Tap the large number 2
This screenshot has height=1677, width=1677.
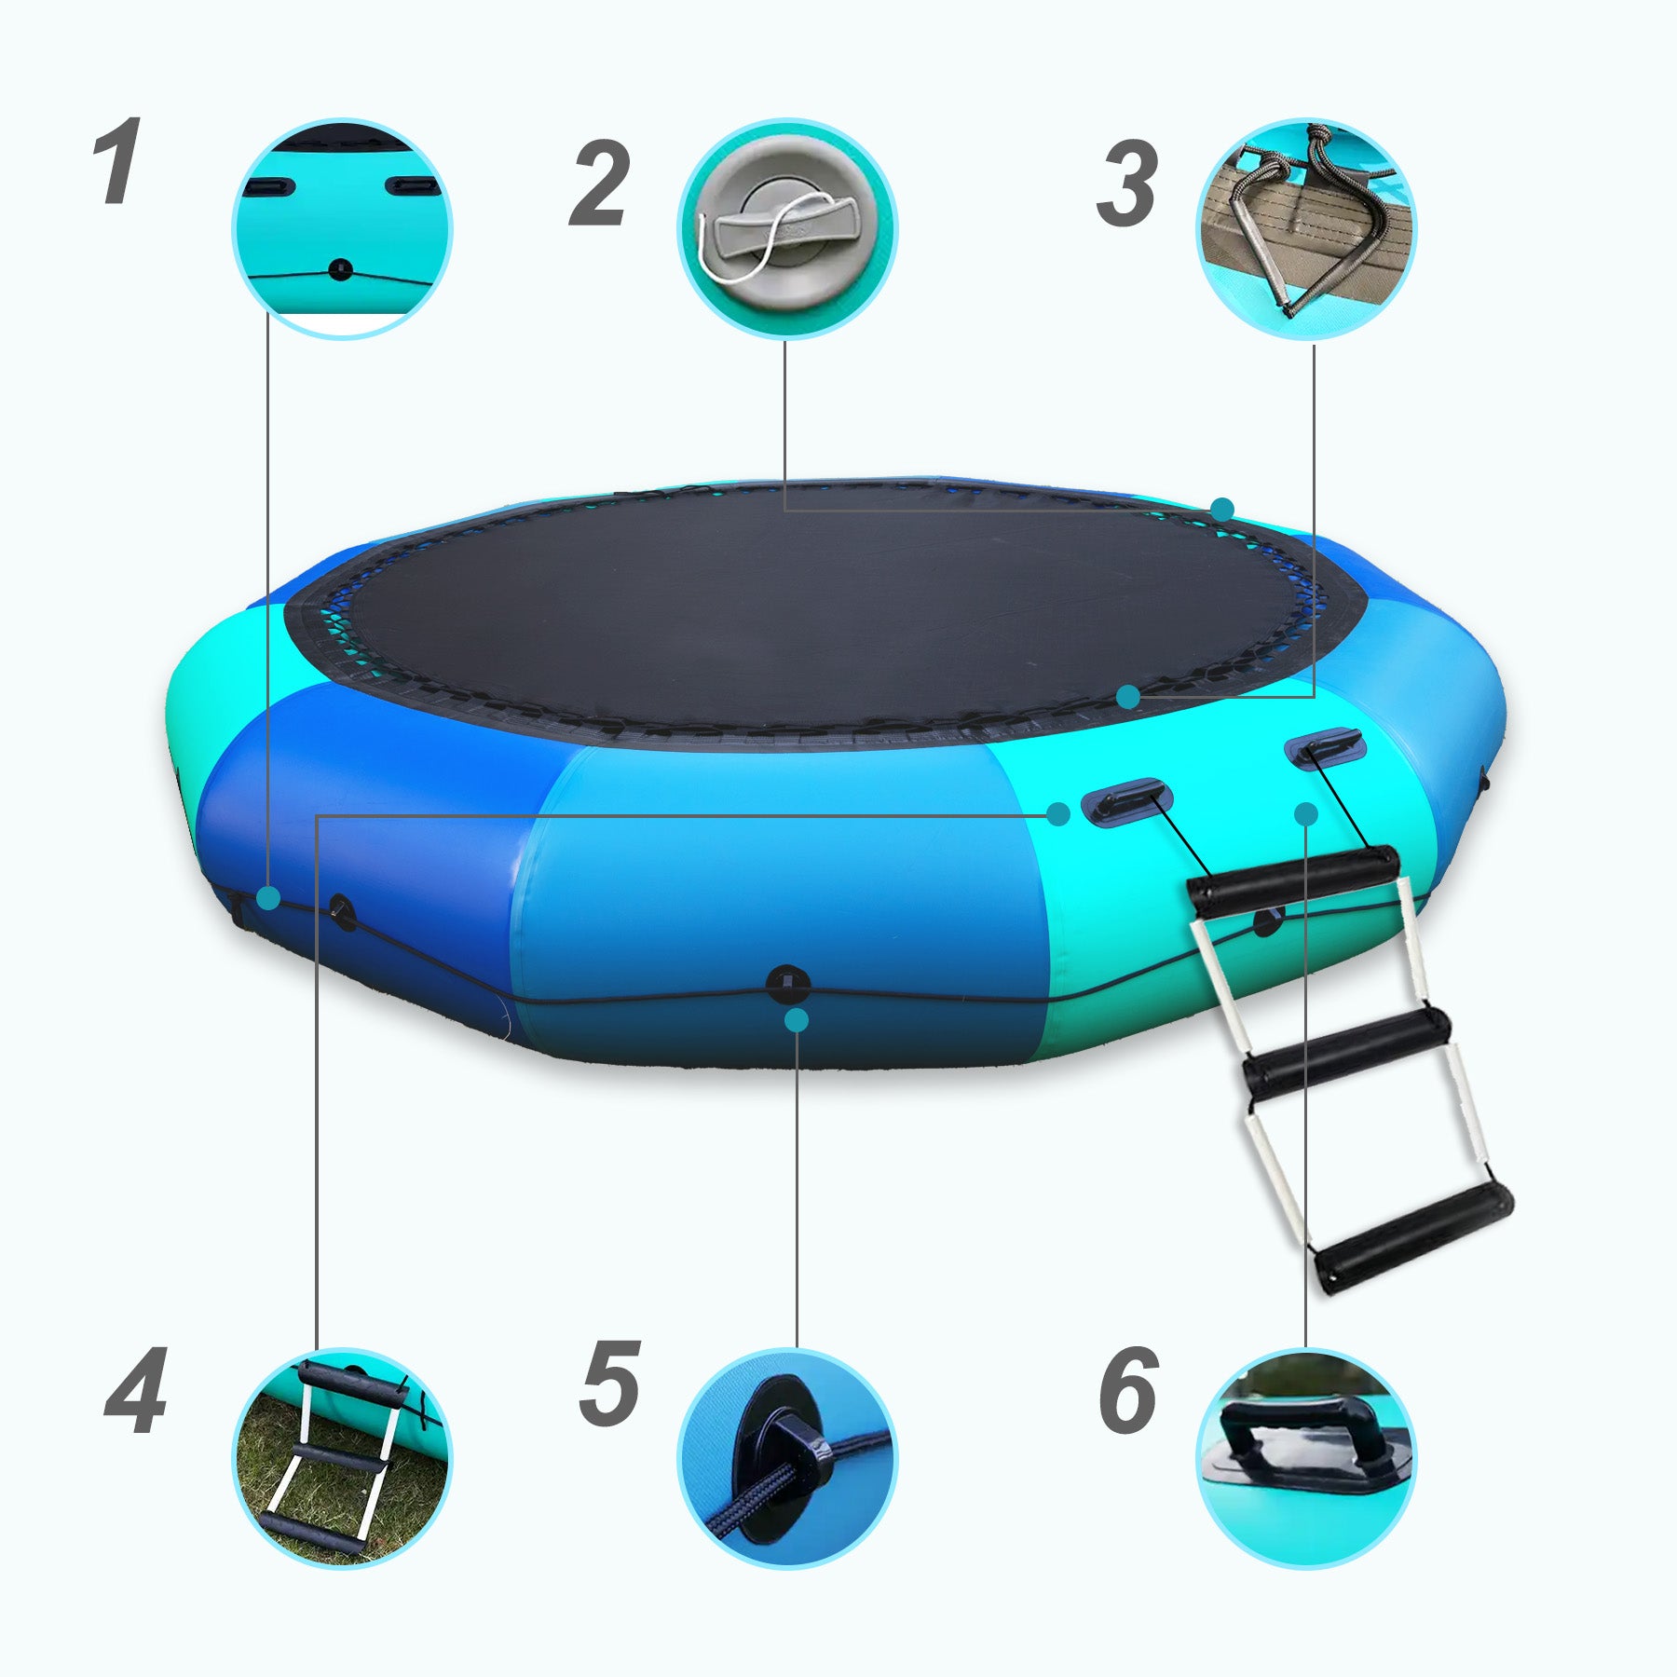tap(598, 184)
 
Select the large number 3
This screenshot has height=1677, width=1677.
tap(1127, 184)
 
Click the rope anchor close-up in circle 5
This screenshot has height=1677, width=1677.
tap(787, 1458)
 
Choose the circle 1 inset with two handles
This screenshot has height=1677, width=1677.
tap(342, 228)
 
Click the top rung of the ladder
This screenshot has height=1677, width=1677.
tap(1293, 879)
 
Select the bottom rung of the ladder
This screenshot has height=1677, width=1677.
tap(1415, 1238)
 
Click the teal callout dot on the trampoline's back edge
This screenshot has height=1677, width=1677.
tap(1222, 510)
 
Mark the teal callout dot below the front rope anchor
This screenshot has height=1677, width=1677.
tap(797, 1020)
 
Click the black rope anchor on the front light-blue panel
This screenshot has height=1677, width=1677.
tap(788, 984)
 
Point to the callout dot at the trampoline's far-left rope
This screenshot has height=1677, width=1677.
tap(268, 898)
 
